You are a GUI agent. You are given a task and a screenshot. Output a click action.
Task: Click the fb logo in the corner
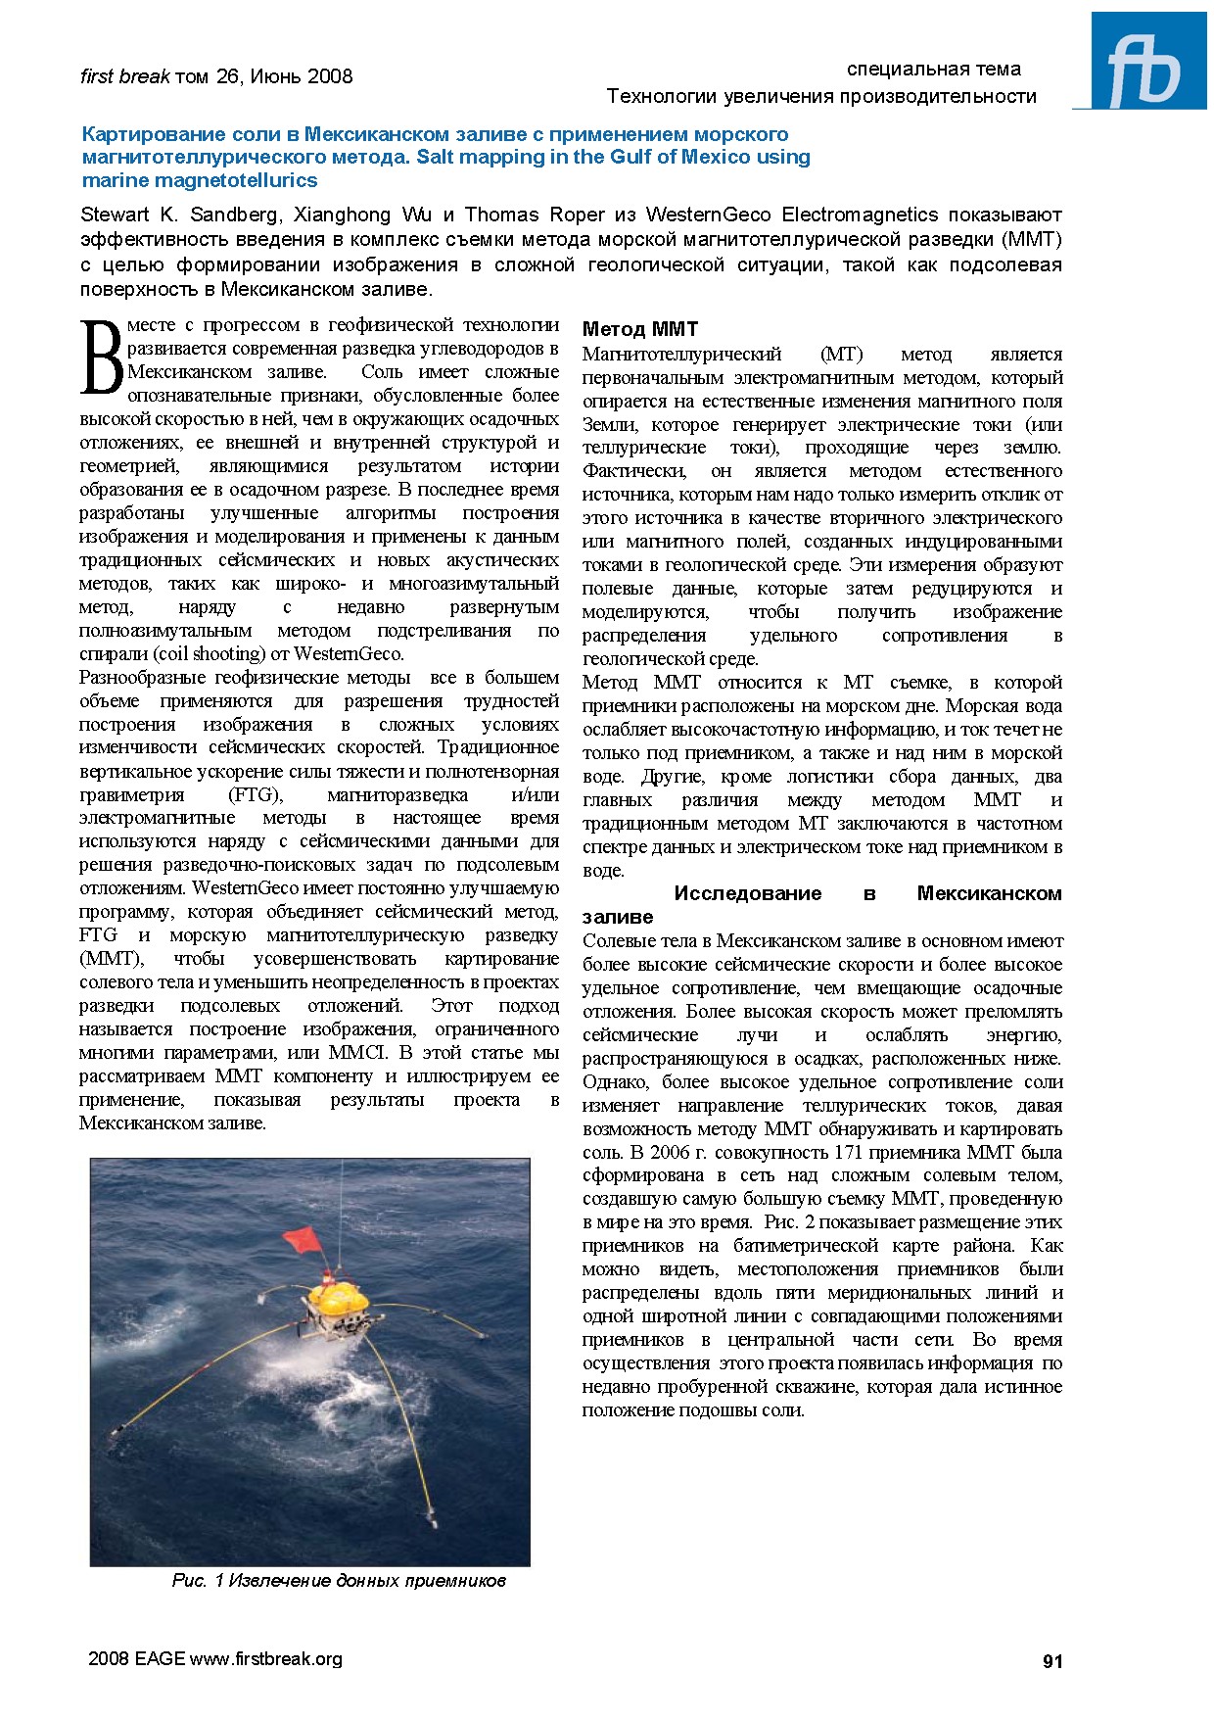tap(1141, 61)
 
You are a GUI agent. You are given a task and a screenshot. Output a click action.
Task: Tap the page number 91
tap(1052, 1660)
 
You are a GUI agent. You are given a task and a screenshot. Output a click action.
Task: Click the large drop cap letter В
tap(102, 358)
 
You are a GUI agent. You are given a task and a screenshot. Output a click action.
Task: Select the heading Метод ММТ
tap(640, 329)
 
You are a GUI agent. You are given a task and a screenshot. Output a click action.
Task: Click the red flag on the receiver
tap(300, 1238)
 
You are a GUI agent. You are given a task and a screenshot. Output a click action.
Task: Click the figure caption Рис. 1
tap(339, 1580)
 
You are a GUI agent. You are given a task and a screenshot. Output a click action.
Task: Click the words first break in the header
tap(124, 76)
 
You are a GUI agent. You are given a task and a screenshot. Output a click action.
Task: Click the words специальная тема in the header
tap(933, 69)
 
